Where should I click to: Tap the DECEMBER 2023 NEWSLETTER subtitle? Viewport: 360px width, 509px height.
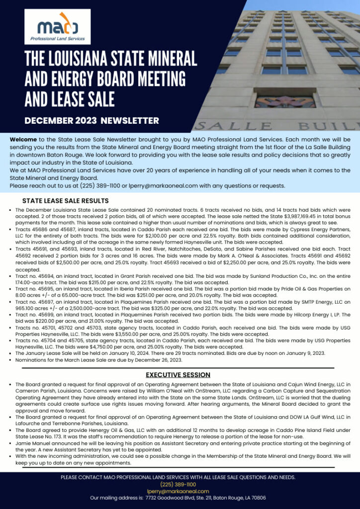pyautogui.click(x=92, y=120)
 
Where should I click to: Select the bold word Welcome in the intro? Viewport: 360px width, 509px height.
pyautogui.click(x=23, y=140)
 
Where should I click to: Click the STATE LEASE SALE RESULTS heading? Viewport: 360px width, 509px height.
pyautogui.click(x=66, y=201)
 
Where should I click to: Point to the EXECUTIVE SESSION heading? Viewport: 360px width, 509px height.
pyautogui.click(x=178, y=375)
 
